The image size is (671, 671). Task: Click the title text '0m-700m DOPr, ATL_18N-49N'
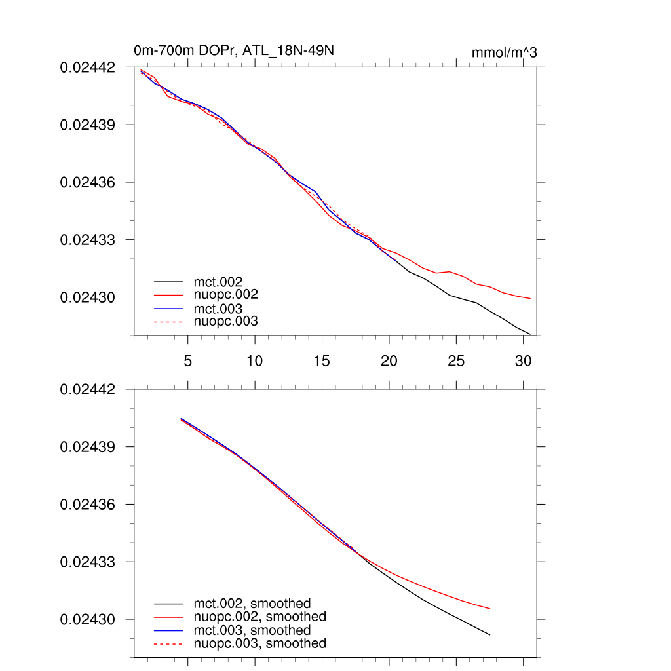pyautogui.click(x=235, y=50)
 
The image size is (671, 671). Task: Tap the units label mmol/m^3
pyautogui.click(x=504, y=52)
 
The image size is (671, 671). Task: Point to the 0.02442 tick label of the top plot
pyautogui.click(x=88, y=67)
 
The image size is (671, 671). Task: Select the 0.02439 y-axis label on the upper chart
pyautogui.click(x=88, y=125)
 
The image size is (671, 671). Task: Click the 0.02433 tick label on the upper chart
pyautogui.click(x=88, y=240)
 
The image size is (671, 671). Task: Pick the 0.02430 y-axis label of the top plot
pyautogui.click(x=88, y=297)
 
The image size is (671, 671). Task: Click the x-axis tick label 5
pyautogui.click(x=187, y=361)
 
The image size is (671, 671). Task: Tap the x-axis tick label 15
pyautogui.click(x=321, y=361)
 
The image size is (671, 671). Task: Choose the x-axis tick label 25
pyautogui.click(x=455, y=361)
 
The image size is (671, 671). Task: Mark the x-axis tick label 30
pyautogui.click(x=522, y=361)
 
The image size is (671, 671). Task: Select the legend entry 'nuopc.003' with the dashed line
pyautogui.click(x=225, y=322)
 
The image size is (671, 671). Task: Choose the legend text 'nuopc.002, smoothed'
pyautogui.click(x=259, y=617)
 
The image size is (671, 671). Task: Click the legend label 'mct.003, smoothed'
pyautogui.click(x=252, y=630)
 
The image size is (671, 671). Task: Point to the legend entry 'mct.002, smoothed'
pyautogui.click(x=252, y=604)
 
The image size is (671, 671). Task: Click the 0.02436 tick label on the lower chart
pyautogui.click(x=88, y=505)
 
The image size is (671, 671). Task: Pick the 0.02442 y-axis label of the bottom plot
pyautogui.click(x=88, y=389)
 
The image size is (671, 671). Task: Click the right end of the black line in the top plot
pyautogui.click(x=529, y=334)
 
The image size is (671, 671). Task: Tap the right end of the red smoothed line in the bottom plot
pyautogui.click(x=489, y=609)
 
